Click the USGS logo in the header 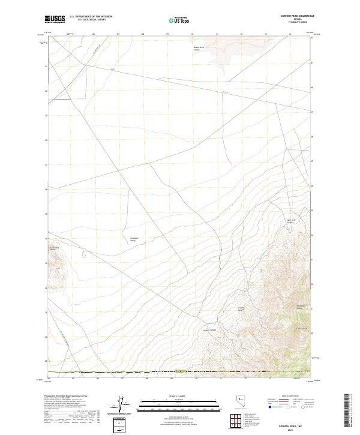tap(55, 20)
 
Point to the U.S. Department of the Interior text tap(91, 17)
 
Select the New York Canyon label tap(291, 221)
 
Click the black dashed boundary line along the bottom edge tap(180, 373)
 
